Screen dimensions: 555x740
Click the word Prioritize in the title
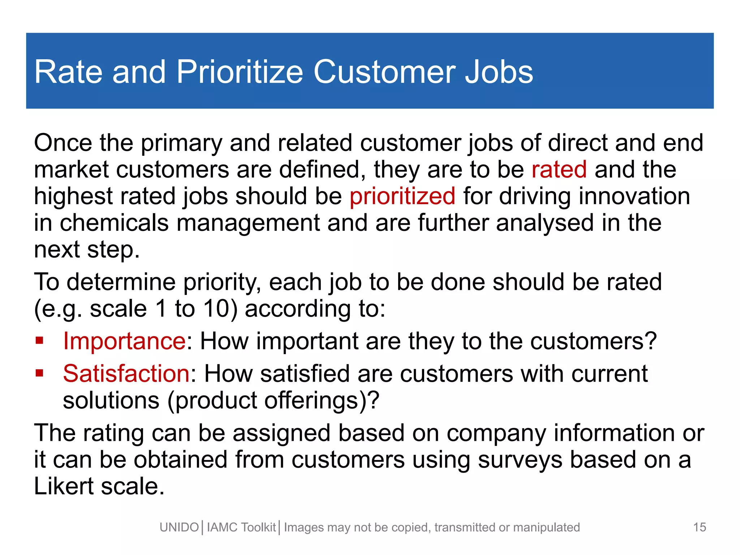tap(240, 72)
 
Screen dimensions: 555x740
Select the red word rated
tap(559, 169)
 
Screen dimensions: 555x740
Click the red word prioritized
tap(402, 196)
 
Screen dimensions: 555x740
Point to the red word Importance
tap(124, 341)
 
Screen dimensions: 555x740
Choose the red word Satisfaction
tap(126, 373)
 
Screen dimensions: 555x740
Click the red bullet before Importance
tap(39, 340)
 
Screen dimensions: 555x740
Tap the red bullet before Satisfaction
tap(39, 373)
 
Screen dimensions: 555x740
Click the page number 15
tap(700, 527)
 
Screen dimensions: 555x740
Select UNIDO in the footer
tap(179, 528)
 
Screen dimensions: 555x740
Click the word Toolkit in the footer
tap(258, 528)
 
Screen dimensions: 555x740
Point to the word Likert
tap(64, 486)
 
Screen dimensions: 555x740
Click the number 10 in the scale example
tap(216, 309)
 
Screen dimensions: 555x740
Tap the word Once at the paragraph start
tap(63, 143)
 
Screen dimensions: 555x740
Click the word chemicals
tap(114, 223)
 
